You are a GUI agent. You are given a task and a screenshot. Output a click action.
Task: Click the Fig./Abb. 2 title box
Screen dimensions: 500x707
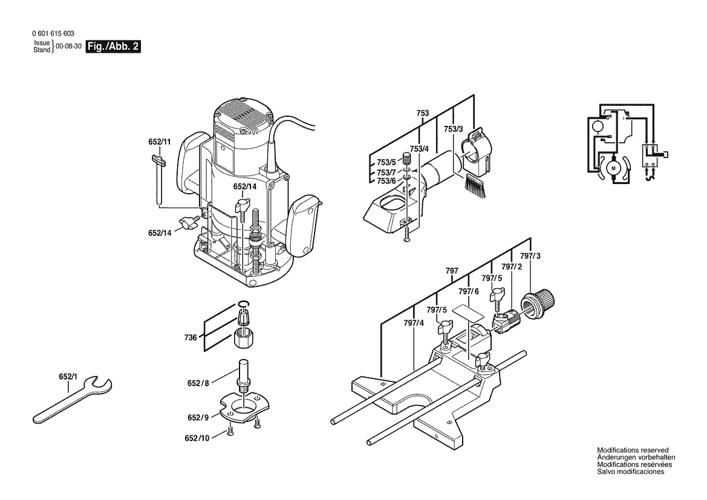pos(114,47)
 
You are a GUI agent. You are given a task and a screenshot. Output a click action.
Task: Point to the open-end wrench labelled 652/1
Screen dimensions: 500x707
pos(70,400)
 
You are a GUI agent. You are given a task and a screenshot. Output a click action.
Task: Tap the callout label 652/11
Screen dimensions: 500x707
pos(160,142)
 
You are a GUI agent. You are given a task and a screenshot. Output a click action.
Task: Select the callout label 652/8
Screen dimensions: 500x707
pos(198,383)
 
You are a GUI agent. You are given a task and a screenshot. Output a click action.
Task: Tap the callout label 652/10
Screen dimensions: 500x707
pos(198,438)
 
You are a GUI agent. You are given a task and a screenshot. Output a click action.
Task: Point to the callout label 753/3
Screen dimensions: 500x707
pos(453,129)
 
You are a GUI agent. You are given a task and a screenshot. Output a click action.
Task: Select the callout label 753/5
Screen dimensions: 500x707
pos(385,162)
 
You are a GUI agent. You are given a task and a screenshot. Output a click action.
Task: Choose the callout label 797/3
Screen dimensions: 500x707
pos(530,256)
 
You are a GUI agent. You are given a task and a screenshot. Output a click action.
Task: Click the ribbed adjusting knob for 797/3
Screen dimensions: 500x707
pos(543,301)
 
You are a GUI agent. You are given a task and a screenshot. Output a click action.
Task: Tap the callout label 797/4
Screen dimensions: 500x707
pos(414,323)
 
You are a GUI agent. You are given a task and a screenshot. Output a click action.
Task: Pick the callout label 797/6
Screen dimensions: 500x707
pos(468,291)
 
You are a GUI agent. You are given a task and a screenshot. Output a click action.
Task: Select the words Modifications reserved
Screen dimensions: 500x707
pos(633,450)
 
